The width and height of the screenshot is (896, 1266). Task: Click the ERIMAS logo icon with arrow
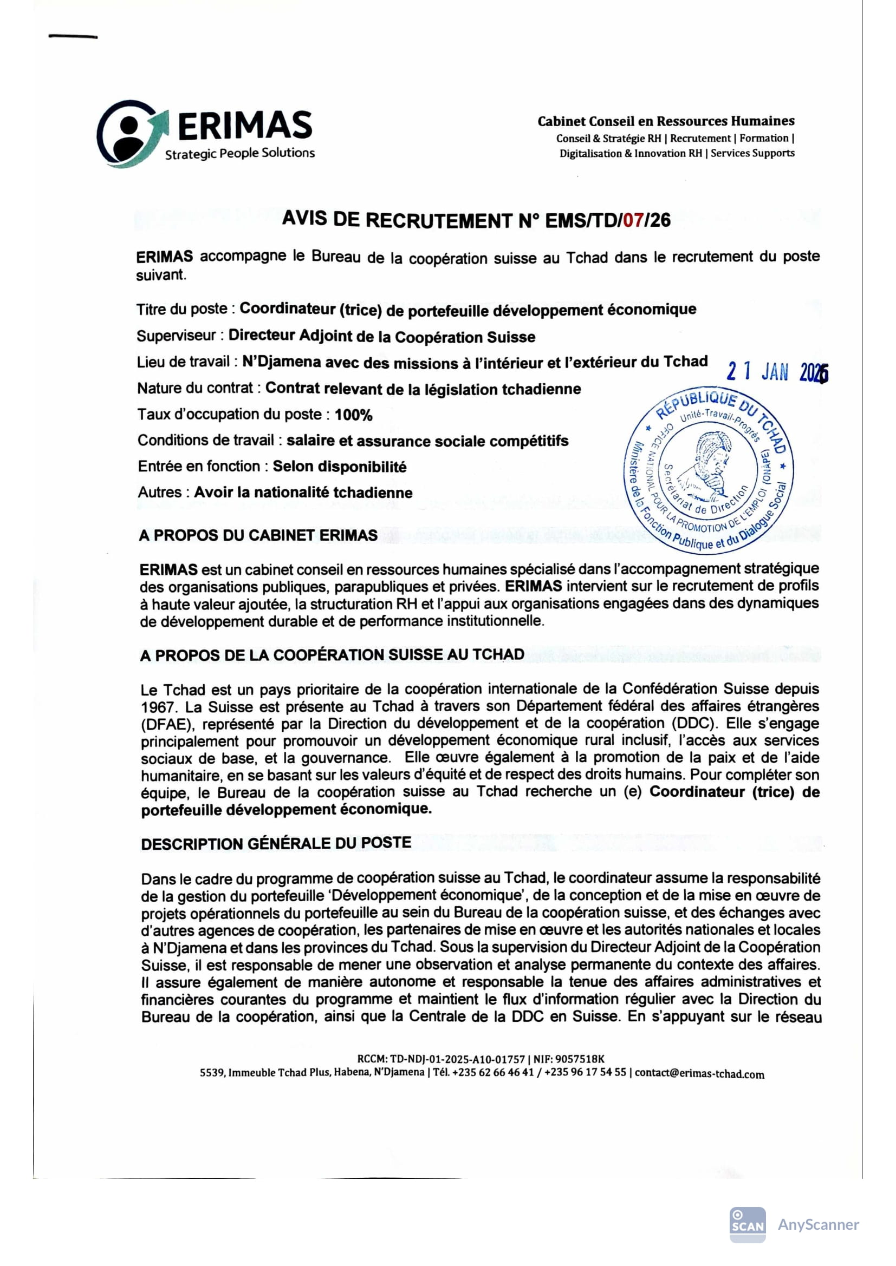[x=131, y=134]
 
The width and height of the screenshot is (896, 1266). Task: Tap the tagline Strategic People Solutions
[x=240, y=154]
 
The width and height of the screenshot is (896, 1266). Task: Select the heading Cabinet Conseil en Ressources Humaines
[x=666, y=121]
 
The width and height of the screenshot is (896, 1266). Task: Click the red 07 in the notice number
[x=633, y=220]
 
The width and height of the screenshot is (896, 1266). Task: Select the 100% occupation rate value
[x=354, y=415]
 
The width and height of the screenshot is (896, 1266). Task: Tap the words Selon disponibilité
[x=339, y=467]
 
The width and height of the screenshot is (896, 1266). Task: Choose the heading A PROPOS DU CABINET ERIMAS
[x=258, y=535]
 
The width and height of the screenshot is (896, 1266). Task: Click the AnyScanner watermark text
[x=817, y=1224]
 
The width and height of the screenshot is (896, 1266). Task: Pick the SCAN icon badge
[x=748, y=1224]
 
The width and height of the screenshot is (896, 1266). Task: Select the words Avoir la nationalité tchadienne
[x=303, y=493]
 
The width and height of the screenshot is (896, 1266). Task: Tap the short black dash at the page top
[x=73, y=37]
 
